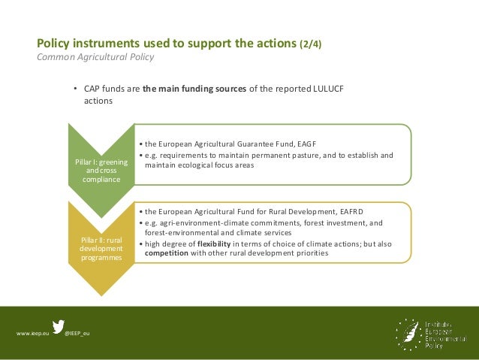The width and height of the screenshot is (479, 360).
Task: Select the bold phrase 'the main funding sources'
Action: (x=194, y=88)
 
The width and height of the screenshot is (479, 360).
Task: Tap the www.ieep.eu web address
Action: (x=32, y=332)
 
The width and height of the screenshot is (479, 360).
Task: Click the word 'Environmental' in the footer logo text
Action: (x=443, y=337)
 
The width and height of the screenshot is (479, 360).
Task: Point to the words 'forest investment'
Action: (x=342, y=222)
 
